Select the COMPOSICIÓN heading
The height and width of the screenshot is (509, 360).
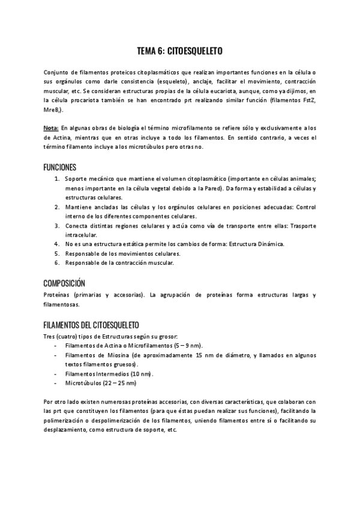(x=64, y=283)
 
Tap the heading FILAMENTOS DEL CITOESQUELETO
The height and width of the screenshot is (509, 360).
(x=91, y=324)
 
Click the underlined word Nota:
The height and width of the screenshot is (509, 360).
(x=51, y=128)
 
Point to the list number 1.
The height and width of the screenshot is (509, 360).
(x=56, y=179)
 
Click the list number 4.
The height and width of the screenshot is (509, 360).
(x=56, y=244)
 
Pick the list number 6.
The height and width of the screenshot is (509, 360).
(x=56, y=263)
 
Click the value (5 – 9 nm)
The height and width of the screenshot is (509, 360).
(x=187, y=345)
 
